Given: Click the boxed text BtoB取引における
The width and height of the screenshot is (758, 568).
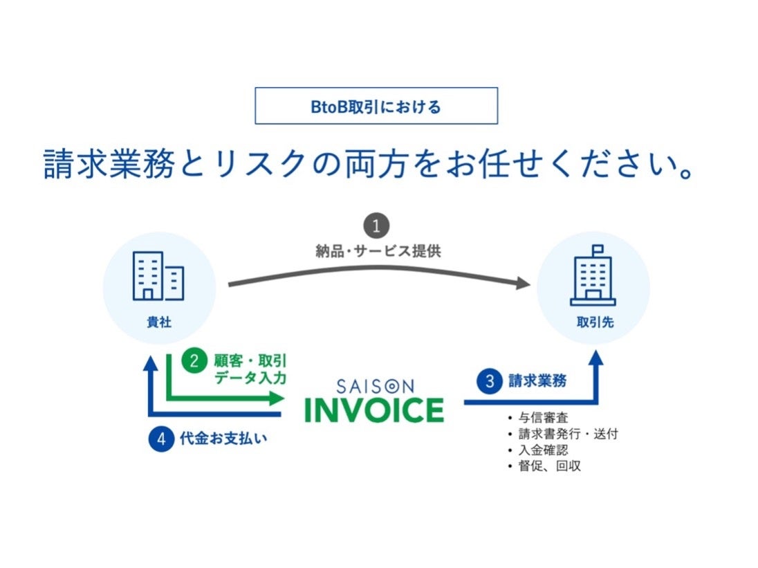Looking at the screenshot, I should [376, 107].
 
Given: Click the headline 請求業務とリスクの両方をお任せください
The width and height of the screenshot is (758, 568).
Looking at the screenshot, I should [368, 165].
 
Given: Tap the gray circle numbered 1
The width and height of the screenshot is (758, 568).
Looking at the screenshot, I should [376, 226].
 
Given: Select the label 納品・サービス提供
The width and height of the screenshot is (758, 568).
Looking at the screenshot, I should [378, 251].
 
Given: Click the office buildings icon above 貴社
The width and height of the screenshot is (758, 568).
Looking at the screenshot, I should [158, 275].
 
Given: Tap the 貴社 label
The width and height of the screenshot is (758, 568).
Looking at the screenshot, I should [158, 322].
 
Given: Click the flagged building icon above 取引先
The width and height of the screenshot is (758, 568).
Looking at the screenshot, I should [593, 276].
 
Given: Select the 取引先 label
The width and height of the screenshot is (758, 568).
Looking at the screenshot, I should [593, 323].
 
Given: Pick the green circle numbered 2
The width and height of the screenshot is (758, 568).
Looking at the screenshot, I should [194, 360].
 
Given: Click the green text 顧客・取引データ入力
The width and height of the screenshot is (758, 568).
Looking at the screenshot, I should [250, 369].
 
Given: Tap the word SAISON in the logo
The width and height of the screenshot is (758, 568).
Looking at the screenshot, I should [374, 385].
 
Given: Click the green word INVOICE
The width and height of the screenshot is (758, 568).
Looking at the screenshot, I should [374, 410].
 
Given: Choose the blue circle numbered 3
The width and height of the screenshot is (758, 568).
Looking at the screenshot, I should [489, 381].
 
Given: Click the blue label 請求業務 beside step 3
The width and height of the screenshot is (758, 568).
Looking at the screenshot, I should [537, 381].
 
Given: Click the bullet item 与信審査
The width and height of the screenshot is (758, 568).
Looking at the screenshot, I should [543, 419].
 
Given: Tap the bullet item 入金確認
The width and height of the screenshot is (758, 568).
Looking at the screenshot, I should [543, 450].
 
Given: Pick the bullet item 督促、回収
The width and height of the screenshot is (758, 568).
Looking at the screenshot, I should [549, 466].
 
